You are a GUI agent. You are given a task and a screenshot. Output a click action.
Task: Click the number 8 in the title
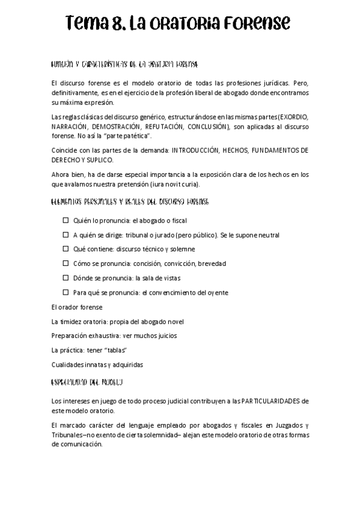point(119,24)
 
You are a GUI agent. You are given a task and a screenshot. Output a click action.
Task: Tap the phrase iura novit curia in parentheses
point(184,184)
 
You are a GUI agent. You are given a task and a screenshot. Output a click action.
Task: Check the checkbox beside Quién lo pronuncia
point(67,221)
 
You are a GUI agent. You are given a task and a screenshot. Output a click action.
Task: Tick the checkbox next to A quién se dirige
point(67,235)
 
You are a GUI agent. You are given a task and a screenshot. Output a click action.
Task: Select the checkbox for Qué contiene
point(67,249)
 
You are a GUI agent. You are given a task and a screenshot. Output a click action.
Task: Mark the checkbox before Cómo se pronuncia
point(67,263)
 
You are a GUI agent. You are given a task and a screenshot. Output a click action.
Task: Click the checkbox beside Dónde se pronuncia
point(67,278)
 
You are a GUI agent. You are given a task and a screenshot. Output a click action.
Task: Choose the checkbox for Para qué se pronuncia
point(67,292)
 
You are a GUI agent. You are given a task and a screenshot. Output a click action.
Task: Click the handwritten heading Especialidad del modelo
point(87,382)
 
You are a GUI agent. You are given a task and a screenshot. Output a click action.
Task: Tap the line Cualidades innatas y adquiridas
point(97,364)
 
